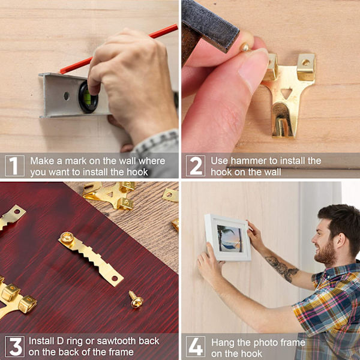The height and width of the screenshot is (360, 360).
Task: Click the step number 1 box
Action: click(14, 166)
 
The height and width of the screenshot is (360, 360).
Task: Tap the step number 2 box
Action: click(196, 166)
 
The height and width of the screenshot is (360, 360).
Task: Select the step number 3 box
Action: click(14, 346)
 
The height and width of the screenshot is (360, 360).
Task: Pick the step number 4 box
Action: click(196, 346)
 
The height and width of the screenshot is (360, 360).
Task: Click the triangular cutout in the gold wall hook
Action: click(286, 94)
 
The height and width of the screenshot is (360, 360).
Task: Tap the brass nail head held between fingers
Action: click(244, 47)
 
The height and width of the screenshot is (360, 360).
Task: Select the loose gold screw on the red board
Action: click(137, 299)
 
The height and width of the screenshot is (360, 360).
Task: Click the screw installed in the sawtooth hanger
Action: click(67, 238)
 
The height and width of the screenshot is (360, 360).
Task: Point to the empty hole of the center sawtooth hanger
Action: click(115, 279)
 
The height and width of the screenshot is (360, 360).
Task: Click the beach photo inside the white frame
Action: click(230, 239)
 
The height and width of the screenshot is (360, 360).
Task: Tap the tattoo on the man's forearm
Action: click(282, 268)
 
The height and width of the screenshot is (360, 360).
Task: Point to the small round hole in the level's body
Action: click(67, 96)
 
